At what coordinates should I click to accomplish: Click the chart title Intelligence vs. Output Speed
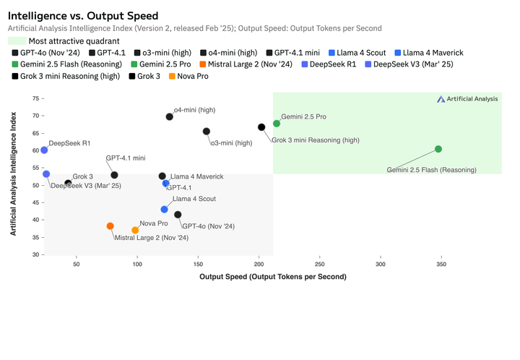coord(83,15)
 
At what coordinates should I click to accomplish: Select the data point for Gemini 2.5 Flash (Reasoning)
coord(438,150)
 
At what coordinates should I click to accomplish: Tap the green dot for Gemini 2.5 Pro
coord(277,124)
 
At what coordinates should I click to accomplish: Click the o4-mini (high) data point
coord(170,116)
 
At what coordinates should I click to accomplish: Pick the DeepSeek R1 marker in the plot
coord(44,150)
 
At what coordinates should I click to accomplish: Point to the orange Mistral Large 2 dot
coord(110,226)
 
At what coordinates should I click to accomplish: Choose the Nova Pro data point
coord(135,231)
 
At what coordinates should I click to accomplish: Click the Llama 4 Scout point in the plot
coord(165,210)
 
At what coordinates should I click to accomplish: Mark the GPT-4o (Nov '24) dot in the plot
coord(178,215)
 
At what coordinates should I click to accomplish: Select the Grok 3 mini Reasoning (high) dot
coord(261,127)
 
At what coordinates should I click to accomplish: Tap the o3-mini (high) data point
coord(207,132)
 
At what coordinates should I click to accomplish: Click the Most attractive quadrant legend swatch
coord(17,40)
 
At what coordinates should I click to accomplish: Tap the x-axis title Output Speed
coord(273,277)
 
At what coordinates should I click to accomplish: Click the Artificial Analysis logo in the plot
coord(467,99)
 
